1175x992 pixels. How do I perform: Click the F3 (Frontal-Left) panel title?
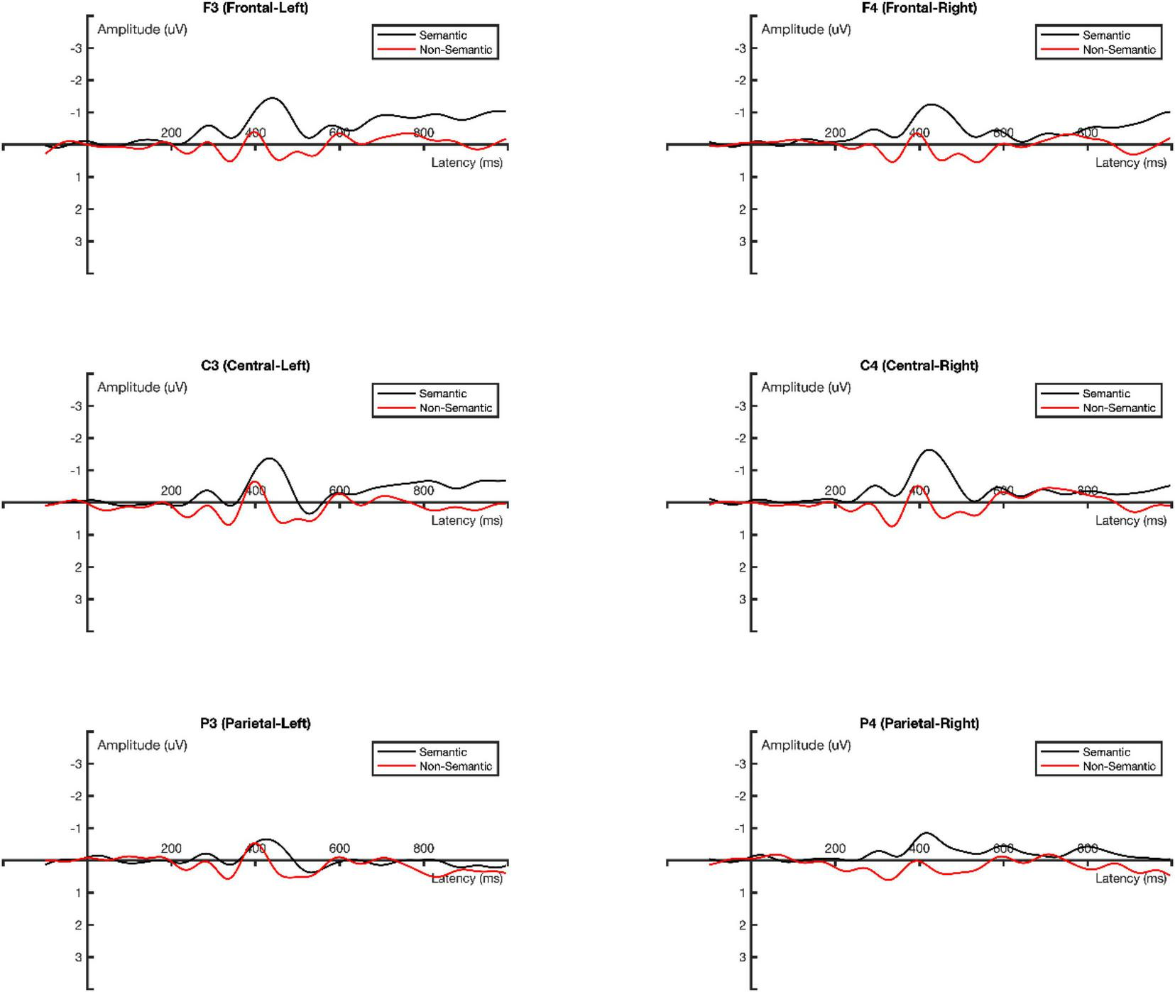[x=255, y=8]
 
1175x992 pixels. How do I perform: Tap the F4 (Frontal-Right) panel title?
[x=919, y=8]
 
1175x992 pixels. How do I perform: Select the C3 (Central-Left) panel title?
[x=255, y=366]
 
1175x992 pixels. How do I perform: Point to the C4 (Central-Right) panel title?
[x=919, y=366]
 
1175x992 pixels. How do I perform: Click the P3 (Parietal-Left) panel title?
[x=255, y=724]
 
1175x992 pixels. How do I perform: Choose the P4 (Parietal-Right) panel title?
[x=919, y=724]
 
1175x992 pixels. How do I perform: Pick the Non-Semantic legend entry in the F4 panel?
[x=1119, y=50]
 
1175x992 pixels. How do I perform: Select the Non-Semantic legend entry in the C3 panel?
[x=455, y=408]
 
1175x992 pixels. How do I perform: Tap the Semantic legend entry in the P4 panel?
[x=1106, y=752]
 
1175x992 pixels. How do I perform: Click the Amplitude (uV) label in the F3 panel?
[x=142, y=29]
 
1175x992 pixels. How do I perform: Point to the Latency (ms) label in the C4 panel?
[x=1130, y=520]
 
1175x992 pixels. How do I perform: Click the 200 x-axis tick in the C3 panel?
[x=171, y=491]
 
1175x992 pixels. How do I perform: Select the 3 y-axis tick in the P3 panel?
[x=79, y=957]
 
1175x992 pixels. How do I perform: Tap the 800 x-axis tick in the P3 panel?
[x=423, y=849]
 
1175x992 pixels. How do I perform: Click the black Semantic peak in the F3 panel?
[x=272, y=98]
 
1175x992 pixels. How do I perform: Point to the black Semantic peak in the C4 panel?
[x=929, y=449]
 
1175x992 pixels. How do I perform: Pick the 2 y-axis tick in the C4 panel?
[x=743, y=567]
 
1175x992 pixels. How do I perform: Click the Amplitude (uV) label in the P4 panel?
[x=806, y=745]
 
